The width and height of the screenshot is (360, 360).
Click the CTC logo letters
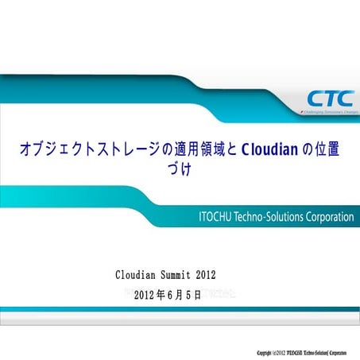(326, 99)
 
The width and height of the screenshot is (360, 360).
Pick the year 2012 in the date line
(149, 295)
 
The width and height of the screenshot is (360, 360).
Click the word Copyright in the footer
(270, 350)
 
